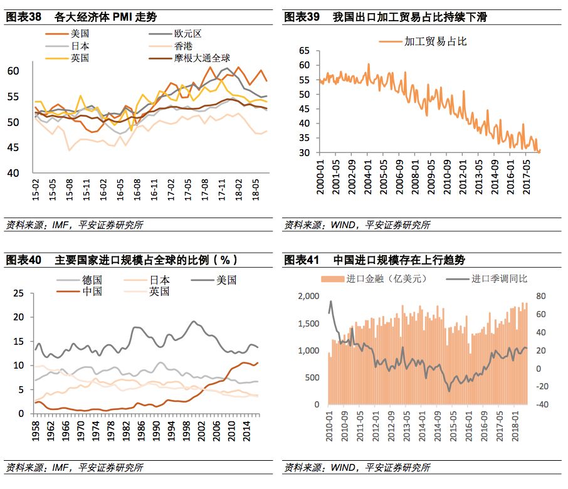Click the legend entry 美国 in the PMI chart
80,34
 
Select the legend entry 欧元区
188,34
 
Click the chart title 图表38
23,17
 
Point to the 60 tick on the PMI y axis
14,71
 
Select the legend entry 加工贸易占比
435,41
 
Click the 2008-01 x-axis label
415,179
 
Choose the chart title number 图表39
302,17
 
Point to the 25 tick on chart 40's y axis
19,293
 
